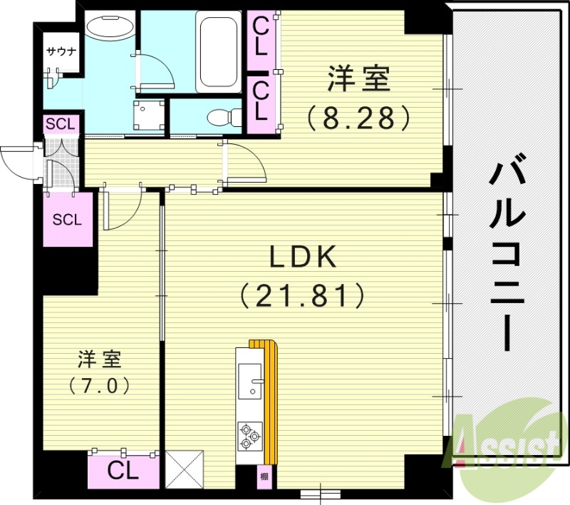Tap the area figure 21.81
point(304,294)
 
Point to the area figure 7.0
point(100,386)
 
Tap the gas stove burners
point(249,435)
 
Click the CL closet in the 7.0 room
point(123,470)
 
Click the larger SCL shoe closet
point(68,219)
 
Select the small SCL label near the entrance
point(59,124)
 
